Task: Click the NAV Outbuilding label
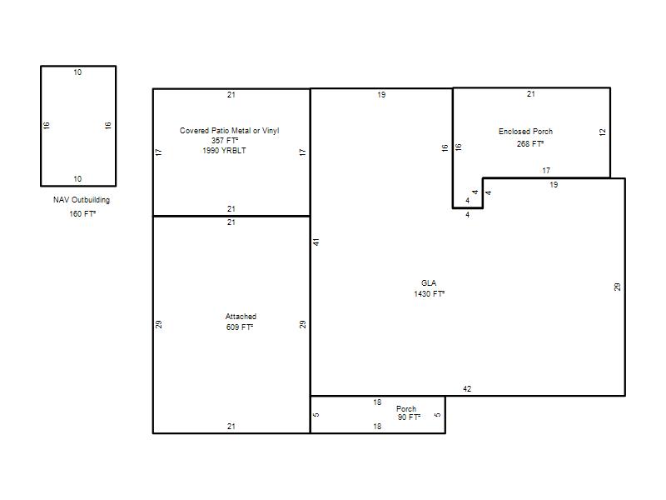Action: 82,200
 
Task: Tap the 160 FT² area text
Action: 82,213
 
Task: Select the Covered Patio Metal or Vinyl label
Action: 230,131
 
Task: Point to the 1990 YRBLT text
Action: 224,151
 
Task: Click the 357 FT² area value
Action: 225,140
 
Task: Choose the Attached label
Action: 241,317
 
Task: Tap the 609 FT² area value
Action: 240,327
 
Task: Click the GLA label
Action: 429,282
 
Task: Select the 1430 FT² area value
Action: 429,293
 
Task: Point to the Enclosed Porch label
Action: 526,132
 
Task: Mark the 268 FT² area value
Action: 530,143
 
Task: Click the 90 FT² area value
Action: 409,417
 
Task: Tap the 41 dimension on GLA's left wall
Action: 316,242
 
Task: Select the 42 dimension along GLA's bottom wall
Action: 467,388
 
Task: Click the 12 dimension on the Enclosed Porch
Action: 602,132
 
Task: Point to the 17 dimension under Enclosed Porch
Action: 546,171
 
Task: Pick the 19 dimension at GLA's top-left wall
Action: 381,95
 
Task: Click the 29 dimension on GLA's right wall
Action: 617,287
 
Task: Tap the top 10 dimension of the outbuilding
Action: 77,72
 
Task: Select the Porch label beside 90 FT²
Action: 406,408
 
